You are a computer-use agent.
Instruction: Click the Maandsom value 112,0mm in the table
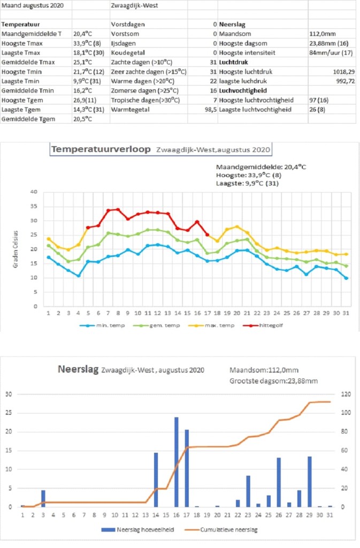pos(323,34)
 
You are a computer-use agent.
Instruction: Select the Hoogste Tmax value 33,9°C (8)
pos(87,43)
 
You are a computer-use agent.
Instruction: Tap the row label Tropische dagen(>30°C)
pos(145,100)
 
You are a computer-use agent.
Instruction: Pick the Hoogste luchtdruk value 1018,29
pos(344,72)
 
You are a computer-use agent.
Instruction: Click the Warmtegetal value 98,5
pos(211,109)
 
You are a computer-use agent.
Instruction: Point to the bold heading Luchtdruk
pos(234,62)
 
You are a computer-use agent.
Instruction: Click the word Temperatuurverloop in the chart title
pos(101,149)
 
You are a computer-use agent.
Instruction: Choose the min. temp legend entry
pos(102,325)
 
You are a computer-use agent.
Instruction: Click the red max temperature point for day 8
pos(118,210)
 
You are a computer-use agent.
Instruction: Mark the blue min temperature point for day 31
pos(346,278)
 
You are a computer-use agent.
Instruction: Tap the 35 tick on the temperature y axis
pos(34,206)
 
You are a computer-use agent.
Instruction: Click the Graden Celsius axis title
pos(16,249)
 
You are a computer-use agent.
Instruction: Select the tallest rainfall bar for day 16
pos(177,462)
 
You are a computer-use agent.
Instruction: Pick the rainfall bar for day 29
pos(310,482)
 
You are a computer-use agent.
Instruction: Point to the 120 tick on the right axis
pos(346,394)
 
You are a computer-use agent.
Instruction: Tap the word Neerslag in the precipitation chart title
pos(78,369)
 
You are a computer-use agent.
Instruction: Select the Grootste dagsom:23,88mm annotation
pos(273,381)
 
